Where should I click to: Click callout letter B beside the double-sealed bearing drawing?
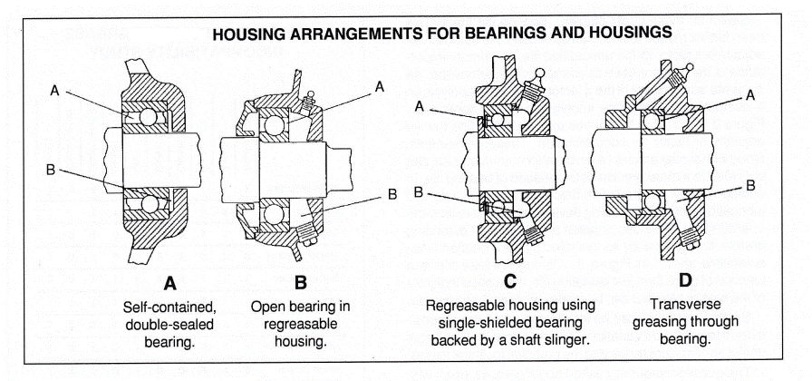pyautogui.click(x=56, y=167)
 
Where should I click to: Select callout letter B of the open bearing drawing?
pyautogui.click(x=392, y=193)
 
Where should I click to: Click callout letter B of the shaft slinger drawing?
pyautogui.click(x=420, y=191)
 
